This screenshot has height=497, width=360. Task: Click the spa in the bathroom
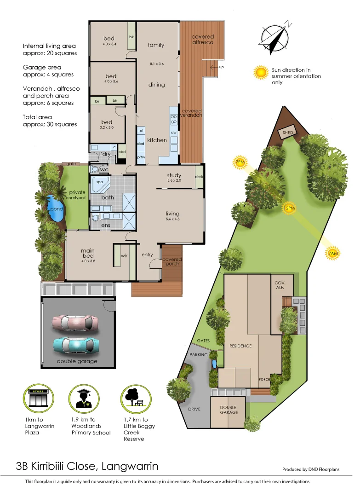point(101,185)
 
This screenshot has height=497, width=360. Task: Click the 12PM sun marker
point(289,208)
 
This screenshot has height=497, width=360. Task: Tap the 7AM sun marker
point(333,253)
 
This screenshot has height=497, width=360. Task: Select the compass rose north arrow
point(275,36)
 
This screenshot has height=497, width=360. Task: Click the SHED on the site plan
point(288,133)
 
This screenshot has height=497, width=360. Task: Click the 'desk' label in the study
point(199,177)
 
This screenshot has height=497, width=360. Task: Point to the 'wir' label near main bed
point(124,255)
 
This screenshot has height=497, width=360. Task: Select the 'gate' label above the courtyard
point(71,163)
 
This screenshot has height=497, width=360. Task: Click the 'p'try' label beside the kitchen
point(141,157)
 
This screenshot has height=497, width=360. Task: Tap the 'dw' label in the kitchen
point(174,133)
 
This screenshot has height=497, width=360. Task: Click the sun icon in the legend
point(262,72)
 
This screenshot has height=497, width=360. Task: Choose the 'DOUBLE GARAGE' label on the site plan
point(229,410)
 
